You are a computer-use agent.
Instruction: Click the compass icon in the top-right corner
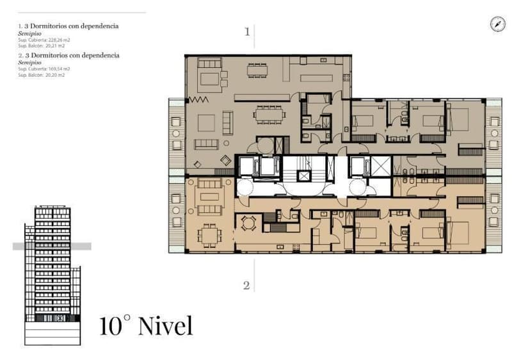(x=499, y=24)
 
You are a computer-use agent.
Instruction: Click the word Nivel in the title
(x=165, y=325)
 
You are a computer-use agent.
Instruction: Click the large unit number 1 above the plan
(x=246, y=31)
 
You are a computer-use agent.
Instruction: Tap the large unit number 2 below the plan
(x=246, y=286)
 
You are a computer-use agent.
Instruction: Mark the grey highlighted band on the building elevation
(x=51, y=246)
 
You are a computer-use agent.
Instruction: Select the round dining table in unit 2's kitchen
(x=249, y=222)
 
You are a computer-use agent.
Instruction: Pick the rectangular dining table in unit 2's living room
(x=209, y=235)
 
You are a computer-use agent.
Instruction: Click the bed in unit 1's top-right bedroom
(x=459, y=119)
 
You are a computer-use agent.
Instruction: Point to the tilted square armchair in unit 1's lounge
(x=225, y=160)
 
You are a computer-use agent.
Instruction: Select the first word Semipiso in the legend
(x=29, y=33)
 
